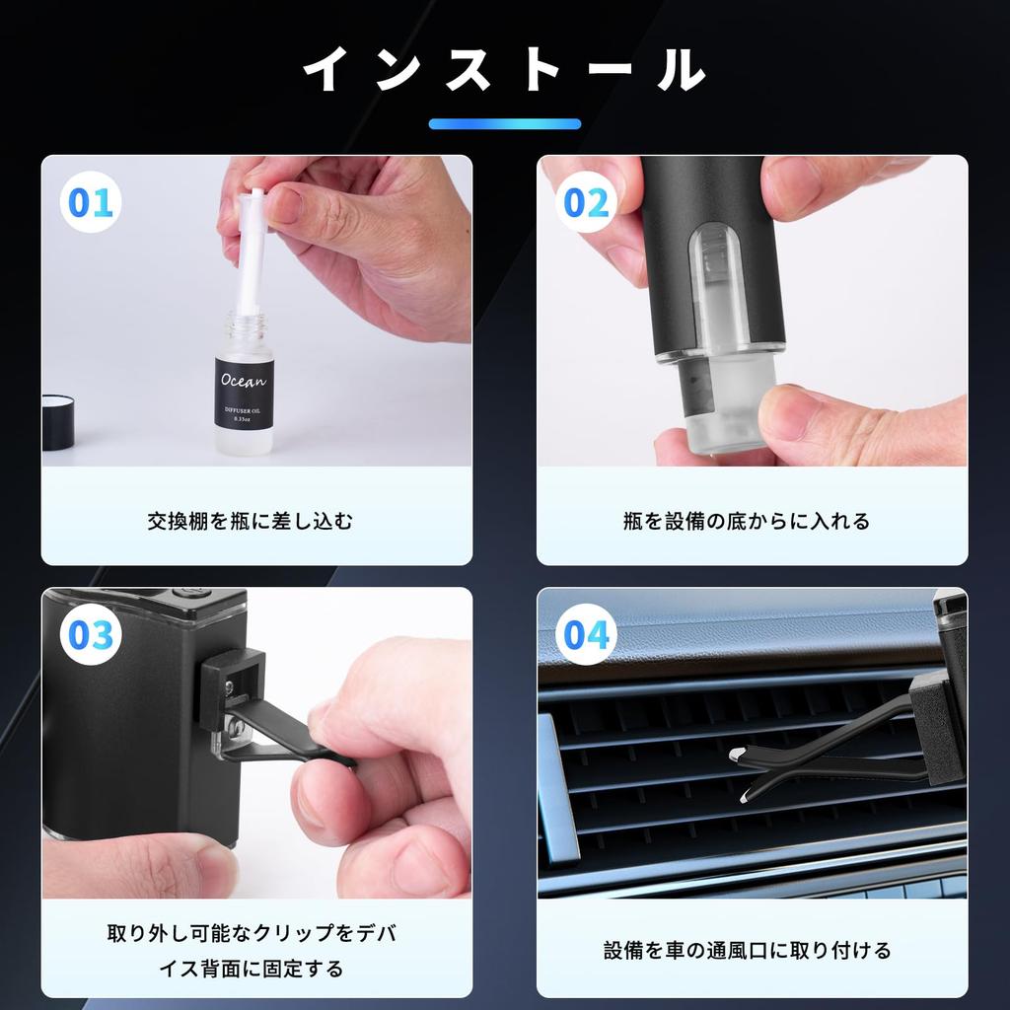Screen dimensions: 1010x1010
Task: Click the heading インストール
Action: (x=504, y=70)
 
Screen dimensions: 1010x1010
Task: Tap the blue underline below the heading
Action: (x=504, y=124)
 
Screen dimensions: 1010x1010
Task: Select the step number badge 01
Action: (x=91, y=203)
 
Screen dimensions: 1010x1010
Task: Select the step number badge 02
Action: (x=586, y=203)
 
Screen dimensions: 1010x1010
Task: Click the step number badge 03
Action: (x=91, y=635)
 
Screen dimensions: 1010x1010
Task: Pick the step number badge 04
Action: (x=586, y=635)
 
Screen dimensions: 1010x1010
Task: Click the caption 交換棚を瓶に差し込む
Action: (x=250, y=521)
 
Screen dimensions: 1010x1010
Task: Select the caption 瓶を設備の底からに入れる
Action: (x=747, y=521)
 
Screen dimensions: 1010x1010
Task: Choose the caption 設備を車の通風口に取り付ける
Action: (x=747, y=950)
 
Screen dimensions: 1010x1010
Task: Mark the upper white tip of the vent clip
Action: (x=737, y=754)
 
